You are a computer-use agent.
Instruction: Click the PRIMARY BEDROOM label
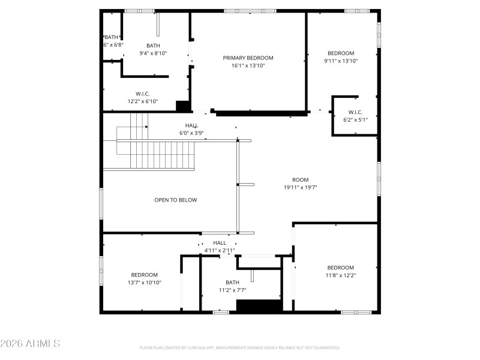click(248, 58)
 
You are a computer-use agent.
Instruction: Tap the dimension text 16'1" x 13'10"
click(248, 66)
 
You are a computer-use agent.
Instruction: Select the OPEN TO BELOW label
click(175, 200)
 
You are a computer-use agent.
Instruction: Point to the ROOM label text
click(300, 180)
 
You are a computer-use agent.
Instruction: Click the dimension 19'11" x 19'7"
click(300, 188)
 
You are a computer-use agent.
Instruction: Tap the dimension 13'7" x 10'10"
click(144, 283)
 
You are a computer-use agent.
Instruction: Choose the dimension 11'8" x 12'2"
click(340, 275)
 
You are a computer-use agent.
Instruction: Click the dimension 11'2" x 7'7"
click(232, 290)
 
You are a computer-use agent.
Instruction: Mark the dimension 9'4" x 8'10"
click(153, 53)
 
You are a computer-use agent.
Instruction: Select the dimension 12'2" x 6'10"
click(142, 101)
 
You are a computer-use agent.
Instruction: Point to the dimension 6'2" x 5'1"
click(355, 120)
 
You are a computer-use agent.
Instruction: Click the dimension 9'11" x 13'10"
click(340, 61)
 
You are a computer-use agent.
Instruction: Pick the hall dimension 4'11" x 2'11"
click(219, 250)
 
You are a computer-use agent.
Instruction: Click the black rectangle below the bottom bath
click(259, 305)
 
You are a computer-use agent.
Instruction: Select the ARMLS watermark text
click(30, 344)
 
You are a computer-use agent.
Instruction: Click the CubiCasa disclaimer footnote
click(240, 348)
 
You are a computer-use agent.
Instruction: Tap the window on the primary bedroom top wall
click(250, 11)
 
